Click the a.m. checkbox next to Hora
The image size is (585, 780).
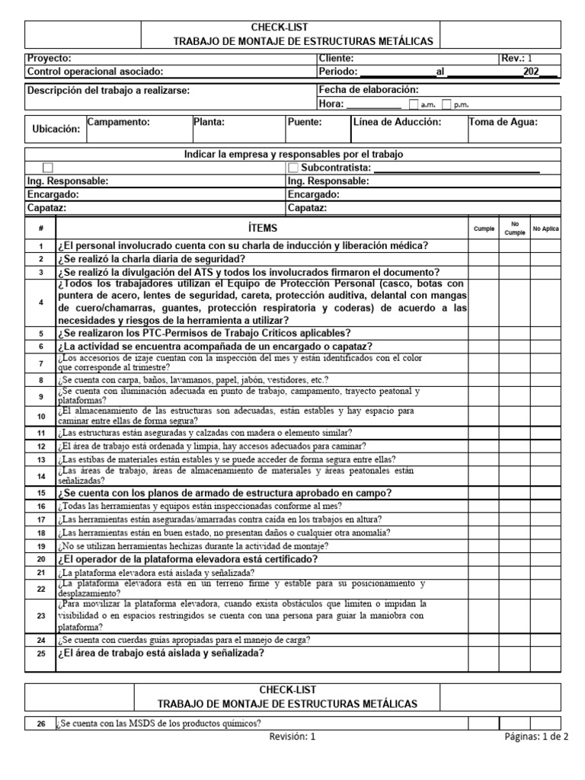414,105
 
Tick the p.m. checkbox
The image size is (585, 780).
447,105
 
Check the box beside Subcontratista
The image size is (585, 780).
294,168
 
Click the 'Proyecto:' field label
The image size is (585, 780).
50,58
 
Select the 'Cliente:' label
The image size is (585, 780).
336,58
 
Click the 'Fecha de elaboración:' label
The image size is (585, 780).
369,89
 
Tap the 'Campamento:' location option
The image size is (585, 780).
118,122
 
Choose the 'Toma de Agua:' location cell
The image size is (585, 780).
503,122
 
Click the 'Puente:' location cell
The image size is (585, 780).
305,122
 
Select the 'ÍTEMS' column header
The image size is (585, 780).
263,229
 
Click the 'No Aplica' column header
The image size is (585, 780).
545,229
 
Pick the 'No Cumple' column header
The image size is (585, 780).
515,229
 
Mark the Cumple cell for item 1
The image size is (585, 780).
484,245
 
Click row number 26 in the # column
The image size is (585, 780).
41,724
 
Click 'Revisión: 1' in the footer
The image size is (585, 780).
292,737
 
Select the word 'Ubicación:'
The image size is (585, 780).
56,129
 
